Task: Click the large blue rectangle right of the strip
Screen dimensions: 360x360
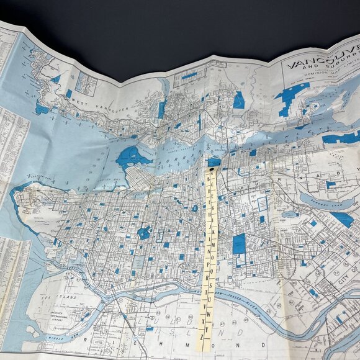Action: (239, 244)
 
